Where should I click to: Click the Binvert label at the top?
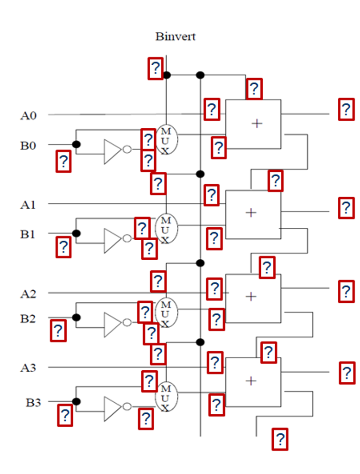(175, 37)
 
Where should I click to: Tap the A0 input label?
(28, 115)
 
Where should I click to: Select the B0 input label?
(28, 145)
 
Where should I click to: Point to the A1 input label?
(28, 205)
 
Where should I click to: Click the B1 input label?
(28, 234)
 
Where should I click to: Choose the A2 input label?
(28, 293)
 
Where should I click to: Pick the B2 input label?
(28, 318)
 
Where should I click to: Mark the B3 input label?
(33, 402)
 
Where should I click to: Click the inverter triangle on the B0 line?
(112, 151)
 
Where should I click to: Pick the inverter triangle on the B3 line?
(112, 408)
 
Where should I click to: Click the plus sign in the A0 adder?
(256, 123)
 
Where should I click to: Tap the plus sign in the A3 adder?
(251, 381)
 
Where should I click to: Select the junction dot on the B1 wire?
(77, 234)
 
